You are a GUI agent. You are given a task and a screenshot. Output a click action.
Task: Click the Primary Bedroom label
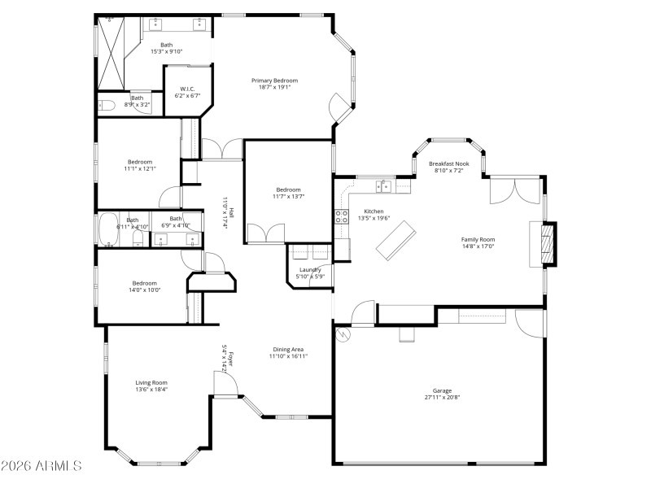[x=274, y=81]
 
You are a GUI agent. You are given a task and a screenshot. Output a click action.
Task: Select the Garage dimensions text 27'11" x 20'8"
[x=443, y=398]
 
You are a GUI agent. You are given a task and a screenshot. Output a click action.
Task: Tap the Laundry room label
[x=310, y=270]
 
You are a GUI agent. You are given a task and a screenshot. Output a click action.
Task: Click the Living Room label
[x=151, y=382]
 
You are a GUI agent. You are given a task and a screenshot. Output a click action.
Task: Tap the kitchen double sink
[x=382, y=186]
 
